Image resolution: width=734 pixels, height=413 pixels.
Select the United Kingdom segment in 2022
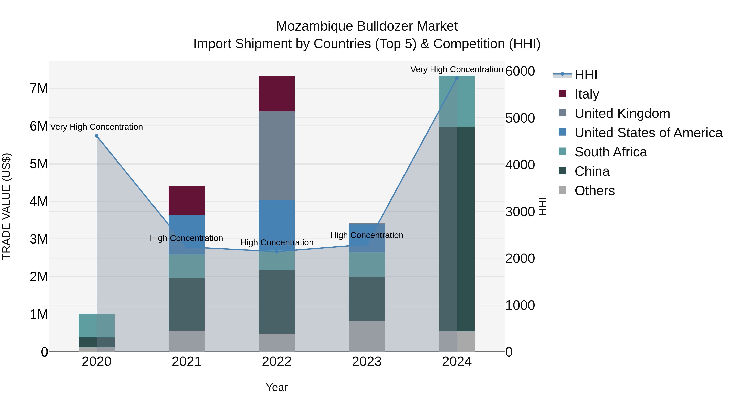click(x=276, y=155)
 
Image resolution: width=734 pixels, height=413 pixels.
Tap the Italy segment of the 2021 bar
click(x=187, y=200)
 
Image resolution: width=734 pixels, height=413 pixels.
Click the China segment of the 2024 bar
click(x=457, y=229)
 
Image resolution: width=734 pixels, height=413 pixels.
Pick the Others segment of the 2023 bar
click(x=367, y=336)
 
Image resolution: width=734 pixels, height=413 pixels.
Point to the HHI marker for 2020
click(x=97, y=136)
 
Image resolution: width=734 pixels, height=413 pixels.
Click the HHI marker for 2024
click(x=457, y=78)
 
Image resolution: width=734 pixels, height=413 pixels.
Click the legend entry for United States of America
click(x=648, y=133)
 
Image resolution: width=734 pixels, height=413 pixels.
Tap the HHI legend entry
click(x=586, y=75)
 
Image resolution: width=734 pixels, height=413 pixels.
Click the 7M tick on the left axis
click(x=39, y=88)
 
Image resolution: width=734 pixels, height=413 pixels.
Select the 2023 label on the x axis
click(x=367, y=362)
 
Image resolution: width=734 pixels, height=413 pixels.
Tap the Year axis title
click(x=276, y=387)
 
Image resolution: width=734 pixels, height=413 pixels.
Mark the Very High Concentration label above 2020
click(x=97, y=127)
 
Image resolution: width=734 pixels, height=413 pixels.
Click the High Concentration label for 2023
click(x=367, y=235)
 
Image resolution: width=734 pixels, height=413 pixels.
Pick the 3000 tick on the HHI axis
click(x=520, y=212)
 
